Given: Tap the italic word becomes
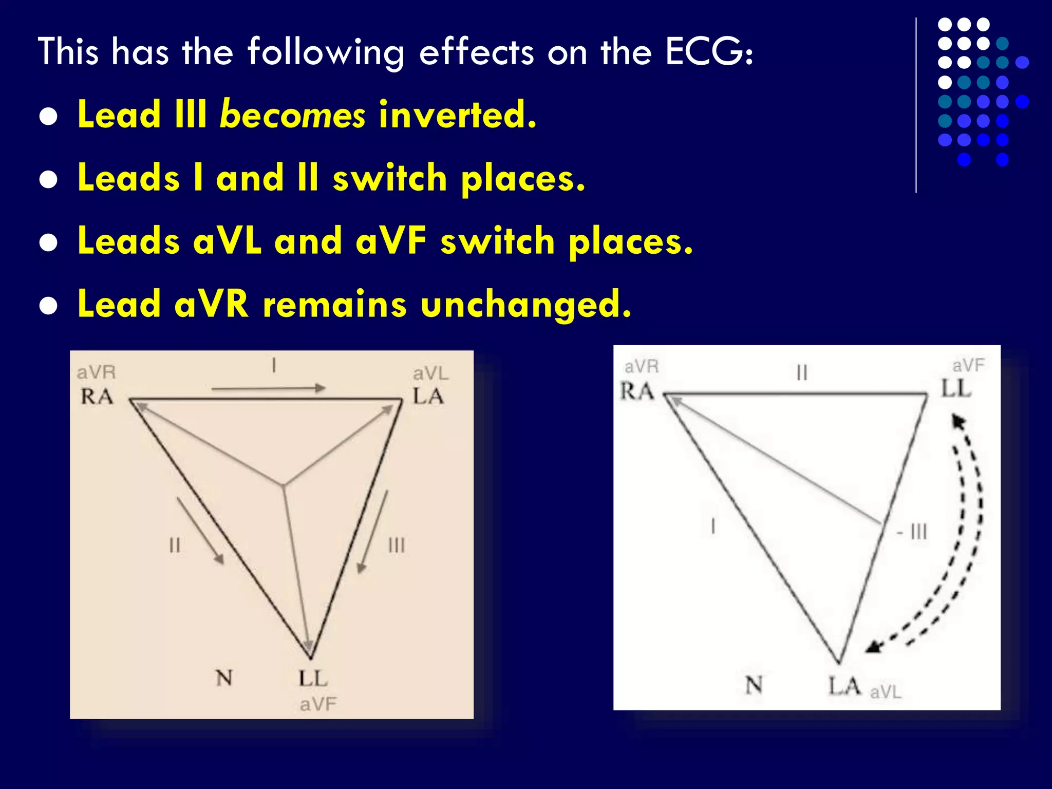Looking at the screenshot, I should (x=292, y=115).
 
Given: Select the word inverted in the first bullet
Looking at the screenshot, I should (x=457, y=115).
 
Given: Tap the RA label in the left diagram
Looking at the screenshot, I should (x=97, y=397).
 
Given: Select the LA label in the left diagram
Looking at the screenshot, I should (x=428, y=397).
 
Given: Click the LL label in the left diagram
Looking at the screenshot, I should (x=313, y=679).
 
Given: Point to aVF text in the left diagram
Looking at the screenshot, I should (x=318, y=704).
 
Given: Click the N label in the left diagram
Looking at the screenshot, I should (x=224, y=679).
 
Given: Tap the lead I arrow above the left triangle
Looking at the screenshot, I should (x=268, y=388).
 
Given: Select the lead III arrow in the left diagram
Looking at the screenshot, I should (x=372, y=532).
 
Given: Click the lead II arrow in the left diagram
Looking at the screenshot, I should (x=200, y=531).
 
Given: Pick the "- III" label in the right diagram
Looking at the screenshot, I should (x=912, y=532).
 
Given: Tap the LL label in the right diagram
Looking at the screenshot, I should (x=955, y=389).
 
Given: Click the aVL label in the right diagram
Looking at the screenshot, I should (x=886, y=692).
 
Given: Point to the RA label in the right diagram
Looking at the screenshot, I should (x=637, y=391).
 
